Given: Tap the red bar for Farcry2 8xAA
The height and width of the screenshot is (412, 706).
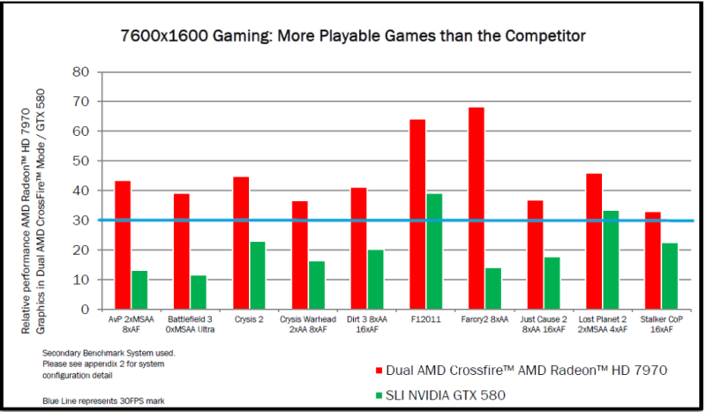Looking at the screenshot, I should [477, 208].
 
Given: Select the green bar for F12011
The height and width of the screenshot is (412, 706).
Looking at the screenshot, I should [434, 251].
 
